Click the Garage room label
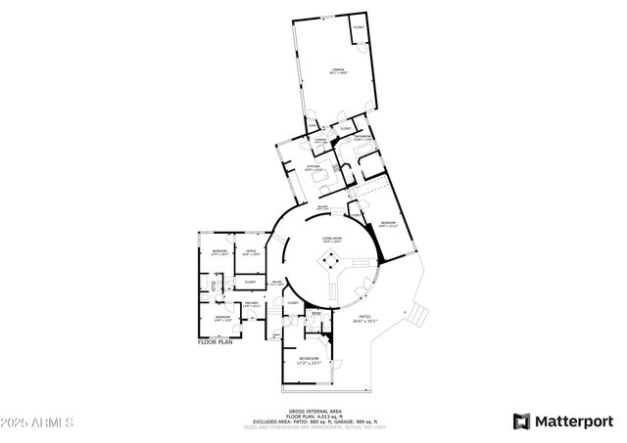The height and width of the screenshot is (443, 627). coord(338,71)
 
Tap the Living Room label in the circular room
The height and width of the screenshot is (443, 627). coord(332,238)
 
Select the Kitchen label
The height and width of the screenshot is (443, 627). coord(314,168)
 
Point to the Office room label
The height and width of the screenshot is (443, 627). coord(251,253)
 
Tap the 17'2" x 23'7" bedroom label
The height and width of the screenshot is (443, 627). coord(309,362)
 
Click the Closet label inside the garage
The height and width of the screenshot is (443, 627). coord(359,27)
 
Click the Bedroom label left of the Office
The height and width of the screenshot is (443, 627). coord(219,253)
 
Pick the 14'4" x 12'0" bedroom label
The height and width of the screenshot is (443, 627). coord(222,317)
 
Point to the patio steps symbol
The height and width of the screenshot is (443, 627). coord(418,313)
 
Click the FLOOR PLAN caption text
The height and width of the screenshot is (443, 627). coord(215,342)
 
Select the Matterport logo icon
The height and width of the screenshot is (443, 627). coord(522,421)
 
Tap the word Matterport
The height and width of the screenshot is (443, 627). coord(572,421)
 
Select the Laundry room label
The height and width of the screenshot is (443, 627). coord(319,140)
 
